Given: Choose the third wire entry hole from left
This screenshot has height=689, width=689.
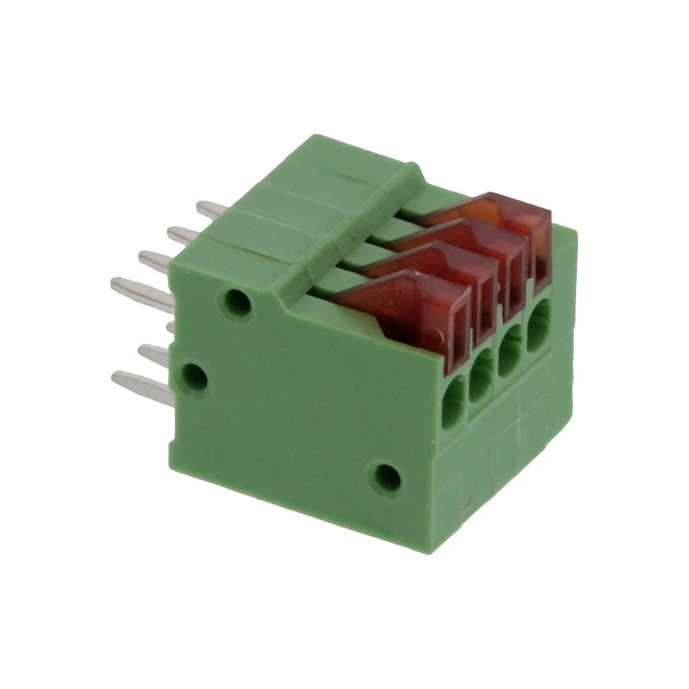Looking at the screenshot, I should point(510,358).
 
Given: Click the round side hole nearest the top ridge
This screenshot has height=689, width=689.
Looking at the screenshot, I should point(237,302).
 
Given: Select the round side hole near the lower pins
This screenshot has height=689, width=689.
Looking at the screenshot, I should point(194,377).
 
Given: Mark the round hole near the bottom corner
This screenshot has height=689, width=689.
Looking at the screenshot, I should point(387,476).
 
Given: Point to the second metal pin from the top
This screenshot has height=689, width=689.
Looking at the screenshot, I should point(183,236).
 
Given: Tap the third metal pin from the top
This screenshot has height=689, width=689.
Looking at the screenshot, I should point(155,260).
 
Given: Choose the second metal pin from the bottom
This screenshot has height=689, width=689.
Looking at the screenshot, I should point(154,353).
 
